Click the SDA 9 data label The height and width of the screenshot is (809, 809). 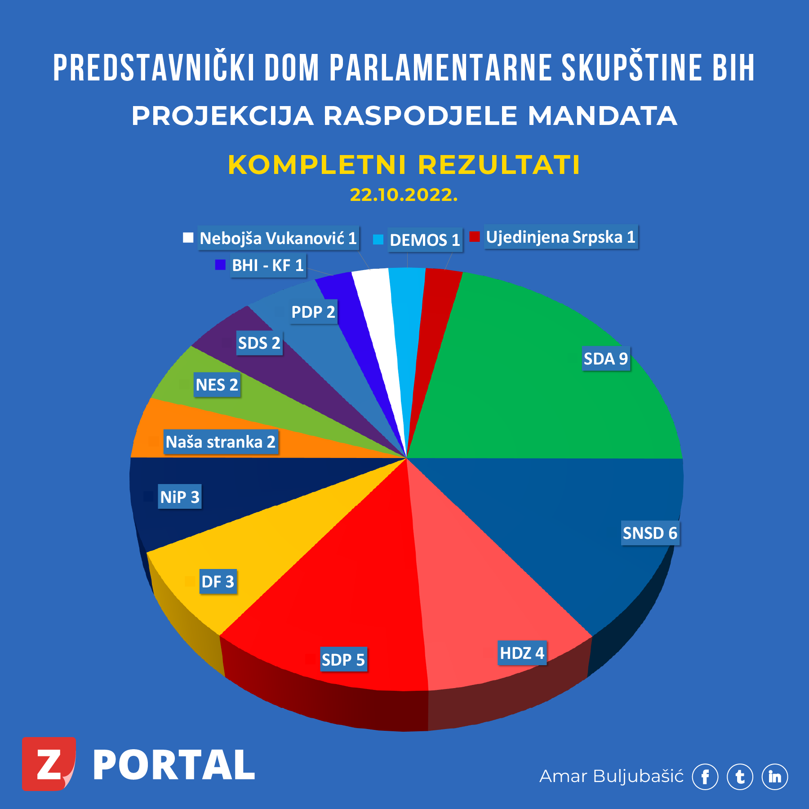click(605, 359)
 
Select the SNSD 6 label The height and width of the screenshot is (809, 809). click(650, 533)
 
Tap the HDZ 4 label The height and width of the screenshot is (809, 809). click(522, 653)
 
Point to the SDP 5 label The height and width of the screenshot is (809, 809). click(343, 660)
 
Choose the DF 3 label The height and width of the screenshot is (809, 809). click(218, 582)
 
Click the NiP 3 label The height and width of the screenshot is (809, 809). click(180, 497)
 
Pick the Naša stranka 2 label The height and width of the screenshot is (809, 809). click(220, 442)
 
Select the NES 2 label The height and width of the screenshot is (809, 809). click(217, 385)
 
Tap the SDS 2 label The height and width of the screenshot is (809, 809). click(259, 343)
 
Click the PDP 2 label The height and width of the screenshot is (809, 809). click(313, 312)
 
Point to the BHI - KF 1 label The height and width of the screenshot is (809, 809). click(268, 265)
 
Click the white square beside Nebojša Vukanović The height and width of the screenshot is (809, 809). click(188, 238)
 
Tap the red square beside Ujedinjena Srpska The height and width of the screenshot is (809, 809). click(475, 236)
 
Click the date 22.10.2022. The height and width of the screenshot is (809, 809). click(404, 195)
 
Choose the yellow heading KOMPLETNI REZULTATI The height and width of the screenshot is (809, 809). click(404, 164)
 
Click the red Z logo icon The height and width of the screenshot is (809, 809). click(49, 764)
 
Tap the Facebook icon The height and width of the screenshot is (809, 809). click(705, 777)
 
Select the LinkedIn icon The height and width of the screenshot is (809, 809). click(775, 777)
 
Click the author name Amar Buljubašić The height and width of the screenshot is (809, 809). click(611, 776)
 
